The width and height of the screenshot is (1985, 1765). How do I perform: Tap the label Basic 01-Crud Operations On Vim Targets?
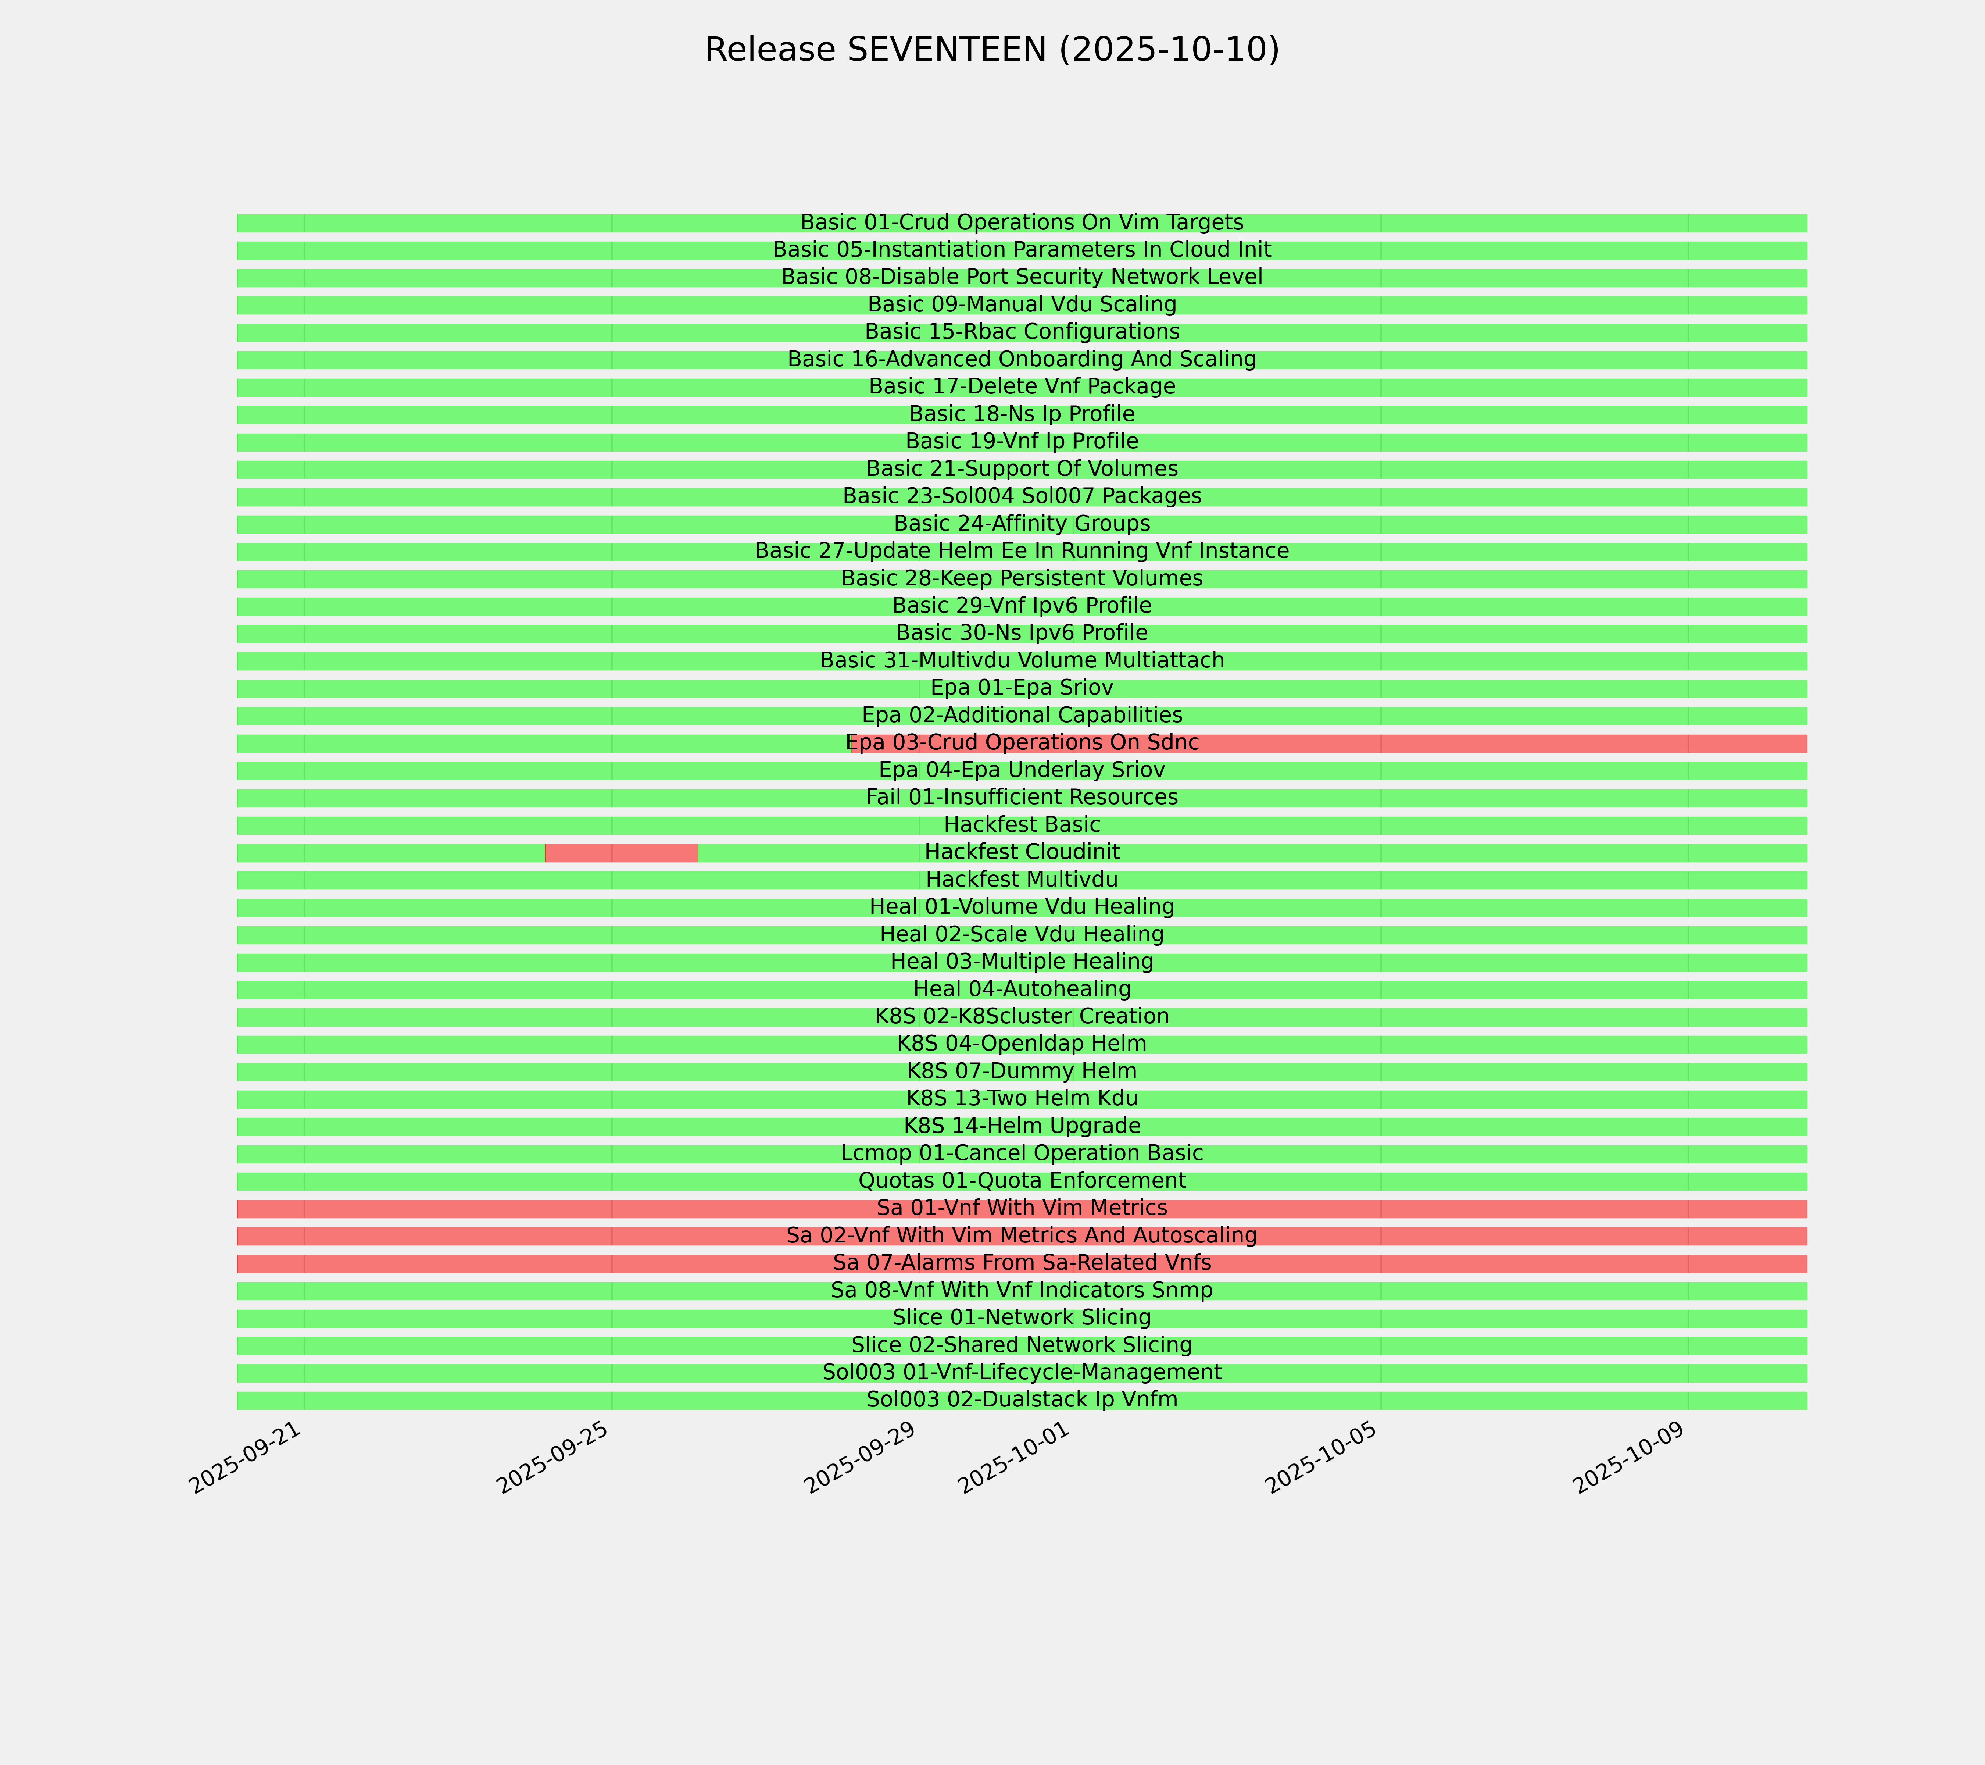(1022, 222)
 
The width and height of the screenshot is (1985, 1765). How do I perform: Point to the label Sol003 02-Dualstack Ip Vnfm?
(1022, 1400)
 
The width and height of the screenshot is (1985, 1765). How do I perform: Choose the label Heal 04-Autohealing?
(1022, 989)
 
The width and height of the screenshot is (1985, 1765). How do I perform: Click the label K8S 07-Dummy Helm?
(1022, 1072)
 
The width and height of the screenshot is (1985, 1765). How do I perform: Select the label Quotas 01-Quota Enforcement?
(1022, 1181)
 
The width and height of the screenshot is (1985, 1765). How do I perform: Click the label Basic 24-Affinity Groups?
(1022, 524)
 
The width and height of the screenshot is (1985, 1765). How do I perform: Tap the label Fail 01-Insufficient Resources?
(1022, 798)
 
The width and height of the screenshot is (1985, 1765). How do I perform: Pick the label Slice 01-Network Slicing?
(1022, 1318)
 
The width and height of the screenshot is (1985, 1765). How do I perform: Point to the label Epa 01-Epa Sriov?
(1022, 688)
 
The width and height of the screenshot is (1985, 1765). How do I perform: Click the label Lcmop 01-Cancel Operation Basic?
(1022, 1153)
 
